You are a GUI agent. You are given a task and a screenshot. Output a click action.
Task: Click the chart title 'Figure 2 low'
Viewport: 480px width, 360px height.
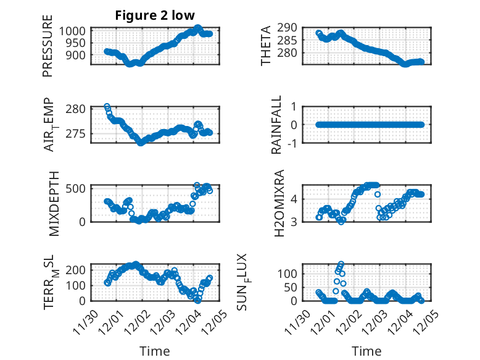click(155, 16)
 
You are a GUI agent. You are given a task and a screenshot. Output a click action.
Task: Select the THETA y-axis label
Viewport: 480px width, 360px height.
click(266, 46)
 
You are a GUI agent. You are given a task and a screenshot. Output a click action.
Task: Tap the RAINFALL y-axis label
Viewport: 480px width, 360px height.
click(277, 125)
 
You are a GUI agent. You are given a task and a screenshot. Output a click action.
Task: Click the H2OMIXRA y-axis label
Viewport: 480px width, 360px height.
click(278, 202)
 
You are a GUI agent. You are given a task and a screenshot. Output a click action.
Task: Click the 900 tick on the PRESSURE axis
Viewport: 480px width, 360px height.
click(78, 54)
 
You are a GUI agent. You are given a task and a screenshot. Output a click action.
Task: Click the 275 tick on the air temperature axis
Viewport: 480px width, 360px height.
click(78, 133)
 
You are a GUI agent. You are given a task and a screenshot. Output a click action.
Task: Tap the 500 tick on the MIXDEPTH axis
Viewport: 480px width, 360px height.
click(78, 188)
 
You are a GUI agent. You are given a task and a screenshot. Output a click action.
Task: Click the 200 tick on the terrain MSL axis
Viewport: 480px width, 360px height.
click(78, 270)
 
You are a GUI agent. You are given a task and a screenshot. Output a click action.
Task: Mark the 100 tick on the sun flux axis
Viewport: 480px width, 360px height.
click(291, 273)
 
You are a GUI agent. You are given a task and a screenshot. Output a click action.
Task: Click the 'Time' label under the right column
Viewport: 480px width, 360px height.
click(366, 351)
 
